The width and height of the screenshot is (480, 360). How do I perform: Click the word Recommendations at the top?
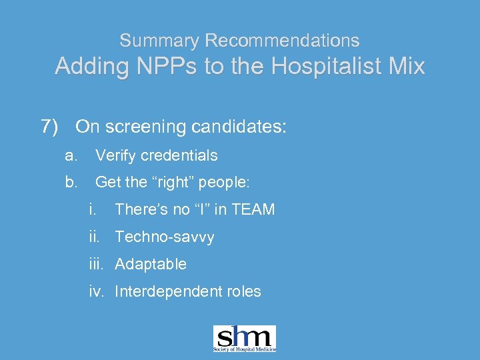pos(282,41)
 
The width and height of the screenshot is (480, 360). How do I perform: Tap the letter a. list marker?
pos(71,156)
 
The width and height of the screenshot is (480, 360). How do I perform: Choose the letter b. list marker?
pos(71,182)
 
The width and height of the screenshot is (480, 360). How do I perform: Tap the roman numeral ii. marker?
pos(95,237)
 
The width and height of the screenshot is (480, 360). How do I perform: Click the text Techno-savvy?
pos(165,237)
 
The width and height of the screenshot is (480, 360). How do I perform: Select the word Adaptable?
pos(151,264)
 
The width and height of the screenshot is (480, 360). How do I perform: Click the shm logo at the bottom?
pos(244,339)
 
